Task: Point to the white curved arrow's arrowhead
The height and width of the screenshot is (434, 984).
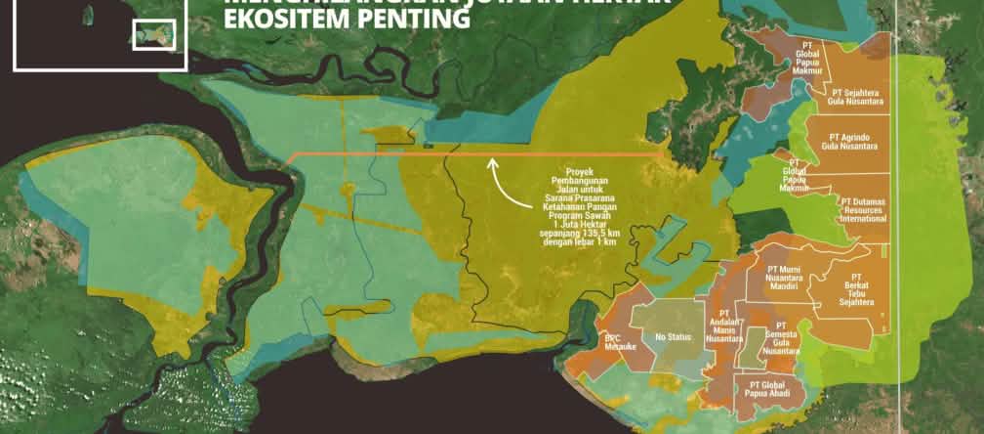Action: tap(492, 161)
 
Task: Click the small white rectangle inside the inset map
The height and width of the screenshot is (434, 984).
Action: tap(153, 34)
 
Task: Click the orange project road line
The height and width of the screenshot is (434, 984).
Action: tap(390, 154)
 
